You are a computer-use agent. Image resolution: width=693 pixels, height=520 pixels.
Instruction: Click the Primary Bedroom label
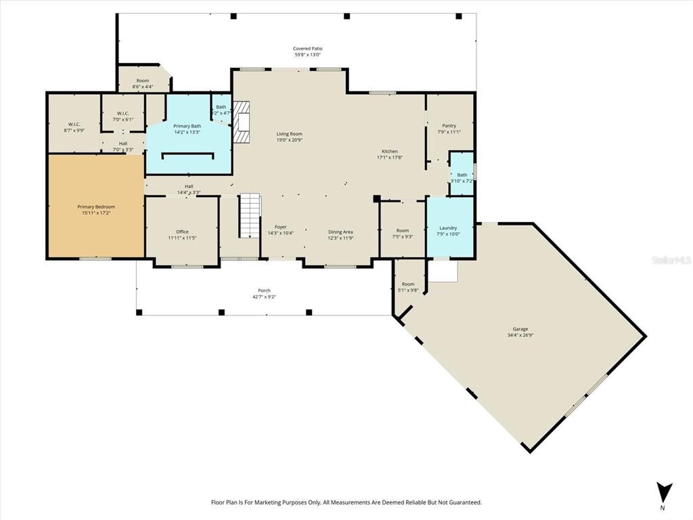95,207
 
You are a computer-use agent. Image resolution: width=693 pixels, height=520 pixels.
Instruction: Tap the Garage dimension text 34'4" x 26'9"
520,335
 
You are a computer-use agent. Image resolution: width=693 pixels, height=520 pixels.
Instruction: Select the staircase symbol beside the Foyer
250,215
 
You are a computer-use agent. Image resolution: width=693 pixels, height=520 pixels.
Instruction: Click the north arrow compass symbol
664,492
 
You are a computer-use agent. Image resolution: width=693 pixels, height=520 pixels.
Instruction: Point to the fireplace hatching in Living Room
242,122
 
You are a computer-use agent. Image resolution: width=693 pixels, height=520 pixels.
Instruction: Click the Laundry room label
447,227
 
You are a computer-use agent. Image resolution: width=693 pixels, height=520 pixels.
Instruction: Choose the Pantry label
449,125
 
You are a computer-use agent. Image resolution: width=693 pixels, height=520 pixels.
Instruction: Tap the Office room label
182,232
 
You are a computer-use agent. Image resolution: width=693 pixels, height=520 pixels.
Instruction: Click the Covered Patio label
307,48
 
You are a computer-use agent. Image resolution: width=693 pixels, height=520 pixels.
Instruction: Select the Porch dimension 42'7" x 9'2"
264,297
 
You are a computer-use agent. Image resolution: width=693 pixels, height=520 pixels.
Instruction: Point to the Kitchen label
389,151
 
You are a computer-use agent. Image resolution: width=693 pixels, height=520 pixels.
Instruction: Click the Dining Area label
340,232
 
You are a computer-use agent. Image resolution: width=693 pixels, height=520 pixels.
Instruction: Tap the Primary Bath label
187,126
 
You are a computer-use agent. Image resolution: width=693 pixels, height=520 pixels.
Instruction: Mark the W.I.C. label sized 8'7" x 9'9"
74,125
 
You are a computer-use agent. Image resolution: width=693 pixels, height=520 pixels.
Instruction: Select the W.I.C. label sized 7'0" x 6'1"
122,113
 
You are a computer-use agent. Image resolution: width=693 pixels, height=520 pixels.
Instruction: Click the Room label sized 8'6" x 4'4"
142,81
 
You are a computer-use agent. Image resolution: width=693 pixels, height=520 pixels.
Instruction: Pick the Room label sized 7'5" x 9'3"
403,230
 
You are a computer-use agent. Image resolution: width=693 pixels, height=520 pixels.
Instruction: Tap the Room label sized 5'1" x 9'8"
408,284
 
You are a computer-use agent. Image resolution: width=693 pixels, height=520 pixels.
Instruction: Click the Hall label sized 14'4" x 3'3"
189,186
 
